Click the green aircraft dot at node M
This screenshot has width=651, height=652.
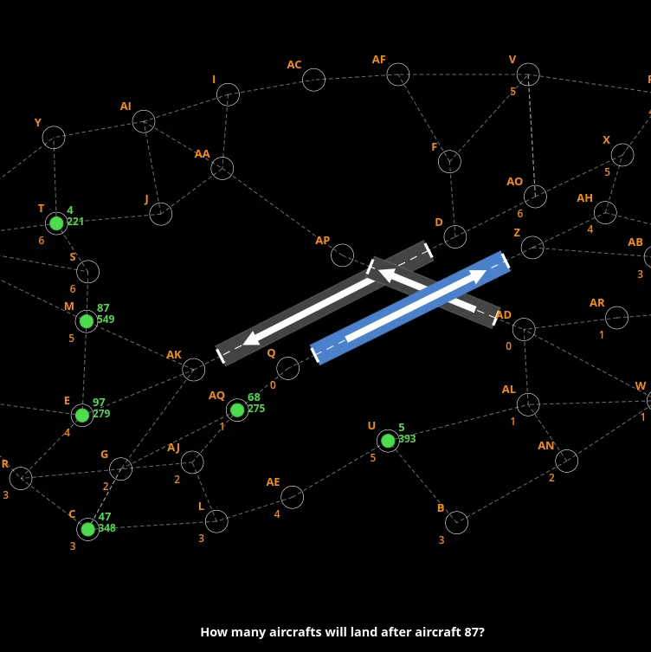(x=87, y=321)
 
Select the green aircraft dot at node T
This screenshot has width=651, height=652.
(x=56, y=223)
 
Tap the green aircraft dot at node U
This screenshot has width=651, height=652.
(x=388, y=441)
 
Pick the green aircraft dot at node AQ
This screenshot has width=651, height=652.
(x=237, y=410)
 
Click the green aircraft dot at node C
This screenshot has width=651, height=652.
(x=87, y=529)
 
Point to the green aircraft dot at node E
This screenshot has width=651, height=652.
(x=82, y=415)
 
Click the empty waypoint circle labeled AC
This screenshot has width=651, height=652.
(x=313, y=69)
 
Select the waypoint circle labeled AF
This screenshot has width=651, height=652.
(x=398, y=63)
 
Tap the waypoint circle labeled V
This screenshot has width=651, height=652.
(x=528, y=63)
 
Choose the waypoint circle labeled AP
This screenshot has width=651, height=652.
(x=342, y=244)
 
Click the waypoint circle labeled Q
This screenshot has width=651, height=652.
(x=287, y=358)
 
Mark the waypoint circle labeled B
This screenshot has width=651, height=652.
(x=456, y=512)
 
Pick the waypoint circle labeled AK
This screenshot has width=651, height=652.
(x=193, y=358)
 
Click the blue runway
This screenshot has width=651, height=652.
(x=410, y=307)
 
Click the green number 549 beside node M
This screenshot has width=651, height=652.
(x=106, y=320)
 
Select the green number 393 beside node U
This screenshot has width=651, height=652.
(x=407, y=439)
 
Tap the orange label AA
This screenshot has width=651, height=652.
(x=203, y=154)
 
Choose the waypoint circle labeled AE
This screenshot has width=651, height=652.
(x=292, y=486)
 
